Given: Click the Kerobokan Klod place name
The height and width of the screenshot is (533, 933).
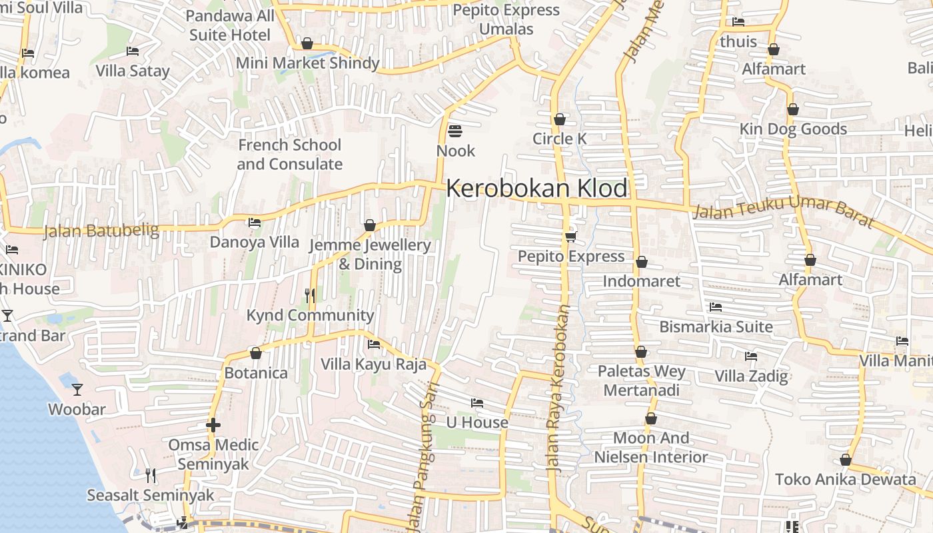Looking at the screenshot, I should point(536,189).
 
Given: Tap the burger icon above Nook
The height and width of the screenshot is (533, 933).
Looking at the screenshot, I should point(455,131).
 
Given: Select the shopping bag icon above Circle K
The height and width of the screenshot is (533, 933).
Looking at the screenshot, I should point(560,119).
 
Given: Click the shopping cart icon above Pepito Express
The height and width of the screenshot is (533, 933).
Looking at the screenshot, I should point(570,237).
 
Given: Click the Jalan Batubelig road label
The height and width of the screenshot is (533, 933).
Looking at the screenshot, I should point(101,231).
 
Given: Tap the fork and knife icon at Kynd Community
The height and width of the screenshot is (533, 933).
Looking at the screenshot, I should point(310,295).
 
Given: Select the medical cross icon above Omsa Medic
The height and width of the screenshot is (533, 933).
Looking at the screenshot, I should point(213,424).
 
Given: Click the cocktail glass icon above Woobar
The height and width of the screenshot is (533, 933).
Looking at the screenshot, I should point(77,389).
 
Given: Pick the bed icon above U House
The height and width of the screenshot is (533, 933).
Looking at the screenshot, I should point(476,403).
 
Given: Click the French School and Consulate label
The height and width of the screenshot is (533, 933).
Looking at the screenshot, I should point(290,155).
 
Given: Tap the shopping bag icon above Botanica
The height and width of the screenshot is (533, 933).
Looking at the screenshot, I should point(256,353).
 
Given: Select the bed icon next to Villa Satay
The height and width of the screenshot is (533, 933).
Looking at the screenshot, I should point(133,51).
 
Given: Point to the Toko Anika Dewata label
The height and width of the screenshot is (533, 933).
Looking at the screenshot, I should point(845,479).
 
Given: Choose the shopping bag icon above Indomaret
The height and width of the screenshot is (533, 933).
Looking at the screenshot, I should point(641,262).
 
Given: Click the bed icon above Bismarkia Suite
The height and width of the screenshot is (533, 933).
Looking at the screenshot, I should point(716,307).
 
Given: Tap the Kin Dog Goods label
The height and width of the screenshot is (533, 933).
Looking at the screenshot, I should point(793,129).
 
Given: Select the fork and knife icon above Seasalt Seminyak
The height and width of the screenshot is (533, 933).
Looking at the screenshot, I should point(151,475).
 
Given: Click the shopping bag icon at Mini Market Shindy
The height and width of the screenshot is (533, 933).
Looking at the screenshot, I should point(307,44).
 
